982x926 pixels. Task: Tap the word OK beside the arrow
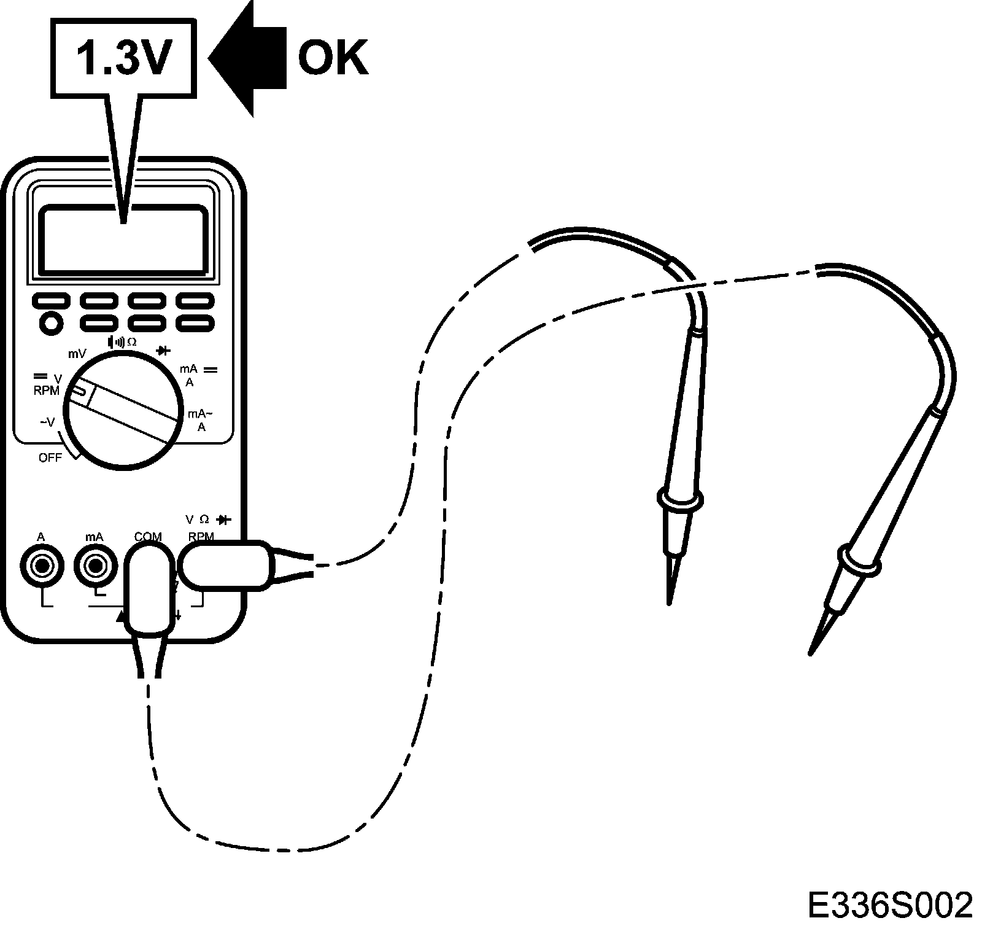pyautogui.click(x=333, y=58)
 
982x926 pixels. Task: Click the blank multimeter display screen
pyautogui.click(x=123, y=239)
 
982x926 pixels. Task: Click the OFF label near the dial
pyautogui.click(x=50, y=457)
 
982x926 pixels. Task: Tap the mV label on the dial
pyautogui.click(x=77, y=354)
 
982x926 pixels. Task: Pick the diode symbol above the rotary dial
pyautogui.click(x=163, y=351)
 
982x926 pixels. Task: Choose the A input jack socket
pyautogui.click(x=41, y=566)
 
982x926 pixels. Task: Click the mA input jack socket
pyautogui.click(x=95, y=566)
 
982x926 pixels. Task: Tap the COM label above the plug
pyautogui.click(x=147, y=537)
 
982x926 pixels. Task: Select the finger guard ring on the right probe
pyautogui.click(x=859, y=560)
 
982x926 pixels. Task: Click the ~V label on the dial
pyautogui.click(x=47, y=422)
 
